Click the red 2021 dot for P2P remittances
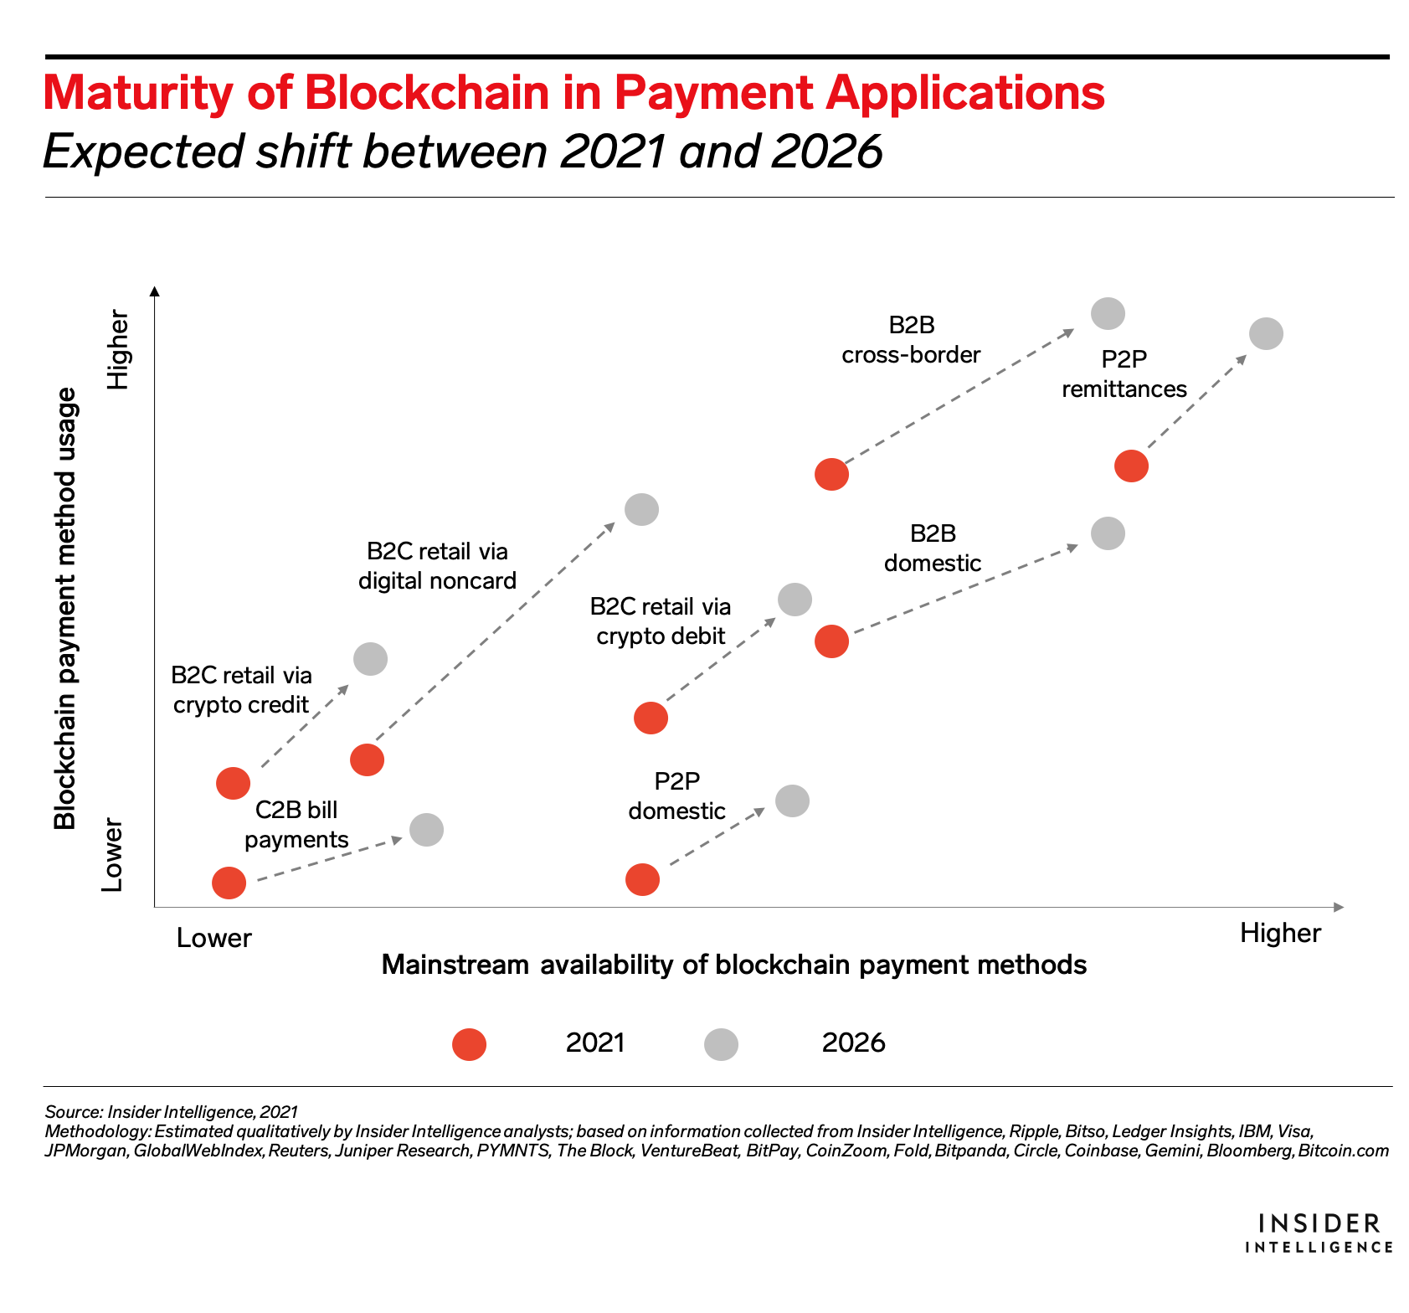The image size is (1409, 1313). click(1131, 466)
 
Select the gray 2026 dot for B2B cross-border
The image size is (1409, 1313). click(1108, 313)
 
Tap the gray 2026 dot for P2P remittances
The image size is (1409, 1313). click(1266, 333)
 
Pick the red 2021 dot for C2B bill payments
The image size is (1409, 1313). click(229, 883)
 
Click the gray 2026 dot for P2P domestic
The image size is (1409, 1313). click(792, 801)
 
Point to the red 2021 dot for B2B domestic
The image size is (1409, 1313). click(831, 641)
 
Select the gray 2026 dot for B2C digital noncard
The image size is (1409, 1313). click(641, 509)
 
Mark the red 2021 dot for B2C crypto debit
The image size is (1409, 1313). click(651, 718)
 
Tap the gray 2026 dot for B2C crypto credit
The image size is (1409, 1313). click(370, 659)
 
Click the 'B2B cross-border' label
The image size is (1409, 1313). click(911, 340)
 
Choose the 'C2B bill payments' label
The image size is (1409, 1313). click(296, 825)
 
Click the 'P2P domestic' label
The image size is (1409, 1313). click(676, 796)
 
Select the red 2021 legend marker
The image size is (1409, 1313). click(469, 1044)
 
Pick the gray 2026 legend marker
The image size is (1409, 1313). click(721, 1044)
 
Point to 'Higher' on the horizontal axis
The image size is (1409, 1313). click(1279, 933)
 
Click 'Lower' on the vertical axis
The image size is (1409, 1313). click(113, 855)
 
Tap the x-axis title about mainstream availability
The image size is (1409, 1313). click(733, 965)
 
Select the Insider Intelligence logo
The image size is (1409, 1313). click(1318, 1233)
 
